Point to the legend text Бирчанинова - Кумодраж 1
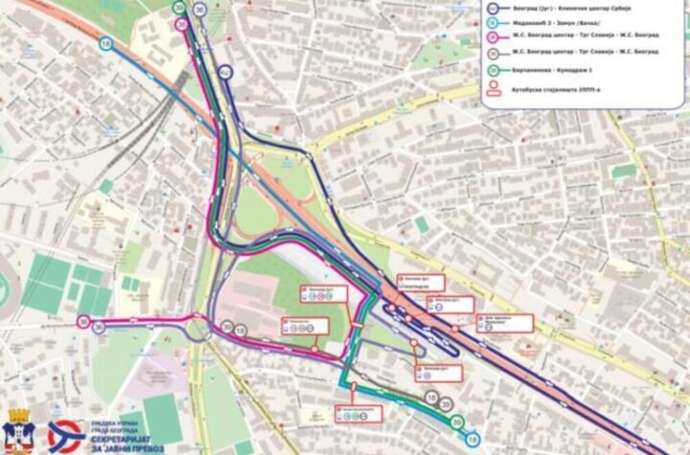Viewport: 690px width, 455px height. pos(556,74)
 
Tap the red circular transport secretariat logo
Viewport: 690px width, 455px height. pos(63,433)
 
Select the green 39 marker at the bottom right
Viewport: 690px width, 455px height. pos(457,422)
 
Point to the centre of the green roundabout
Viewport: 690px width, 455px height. pos(204,330)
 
